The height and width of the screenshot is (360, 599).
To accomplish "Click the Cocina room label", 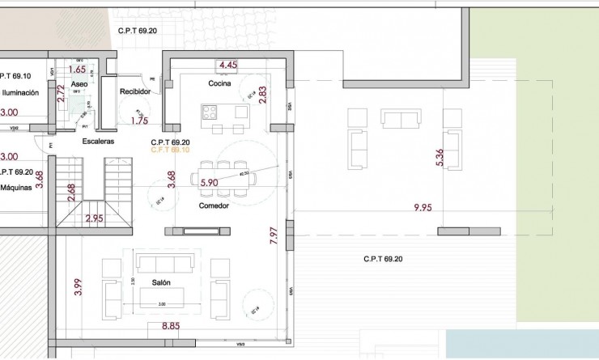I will click(219, 83).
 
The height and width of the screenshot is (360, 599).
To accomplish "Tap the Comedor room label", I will click(214, 205).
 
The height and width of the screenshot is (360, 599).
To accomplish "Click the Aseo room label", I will click(79, 83).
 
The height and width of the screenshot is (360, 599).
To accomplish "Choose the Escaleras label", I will click(98, 141).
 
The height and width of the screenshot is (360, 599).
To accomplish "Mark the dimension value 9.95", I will click(423, 208).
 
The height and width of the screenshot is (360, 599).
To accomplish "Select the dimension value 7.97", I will click(274, 235).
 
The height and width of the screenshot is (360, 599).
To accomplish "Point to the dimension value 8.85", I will click(171, 326).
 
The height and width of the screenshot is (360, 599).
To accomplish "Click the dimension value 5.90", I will click(209, 183).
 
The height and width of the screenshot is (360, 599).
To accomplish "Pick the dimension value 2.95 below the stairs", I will click(94, 218).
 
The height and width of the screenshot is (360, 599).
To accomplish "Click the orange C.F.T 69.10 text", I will click(170, 150).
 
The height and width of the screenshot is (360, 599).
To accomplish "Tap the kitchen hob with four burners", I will click(210, 112).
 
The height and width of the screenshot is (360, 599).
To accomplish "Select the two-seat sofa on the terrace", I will click(401, 120).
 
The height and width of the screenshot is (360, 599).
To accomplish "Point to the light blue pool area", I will click(522, 344).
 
